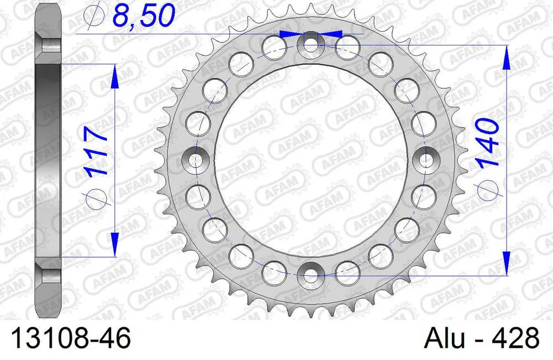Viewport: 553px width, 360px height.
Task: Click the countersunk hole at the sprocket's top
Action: (x=311, y=44)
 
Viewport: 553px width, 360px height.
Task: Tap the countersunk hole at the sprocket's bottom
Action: (x=311, y=273)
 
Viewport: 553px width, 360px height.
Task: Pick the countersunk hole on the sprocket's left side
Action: (x=196, y=159)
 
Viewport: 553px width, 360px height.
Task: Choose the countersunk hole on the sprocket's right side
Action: (x=425, y=159)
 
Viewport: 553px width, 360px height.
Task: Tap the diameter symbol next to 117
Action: (x=97, y=195)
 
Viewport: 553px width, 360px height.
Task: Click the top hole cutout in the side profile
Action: (x=48, y=44)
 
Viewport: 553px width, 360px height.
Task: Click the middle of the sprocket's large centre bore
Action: (x=311, y=159)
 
